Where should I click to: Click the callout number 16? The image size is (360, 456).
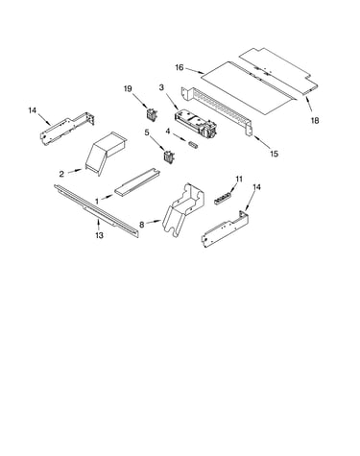pyautogui.click(x=180, y=67)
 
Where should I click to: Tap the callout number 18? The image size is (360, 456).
pyautogui.click(x=315, y=120)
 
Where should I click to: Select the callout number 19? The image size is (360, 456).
pyautogui.click(x=128, y=88)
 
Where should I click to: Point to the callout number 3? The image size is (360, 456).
pyautogui.click(x=161, y=87)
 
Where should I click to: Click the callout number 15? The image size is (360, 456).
pyautogui.click(x=274, y=154)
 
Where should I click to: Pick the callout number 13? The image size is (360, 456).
pyautogui.click(x=99, y=235)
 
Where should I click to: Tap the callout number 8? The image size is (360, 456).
pyautogui.click(x=142, y=225)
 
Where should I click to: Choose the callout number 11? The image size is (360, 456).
pyautogui.click(x=239, y=180)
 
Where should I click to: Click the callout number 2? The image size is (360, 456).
pyautogui.click(x=61, y=174)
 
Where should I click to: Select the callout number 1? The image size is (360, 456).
pyautogui.click(x=97, y=202)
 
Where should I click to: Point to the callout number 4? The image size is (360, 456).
pyautogui.click(x=168, y=132)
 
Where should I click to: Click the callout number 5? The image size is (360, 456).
pyautogui.click(x=147, y=132)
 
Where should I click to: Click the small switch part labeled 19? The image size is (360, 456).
pyautogui.click(x=151, y=114)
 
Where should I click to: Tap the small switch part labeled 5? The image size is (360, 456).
pyautogui.click(x=169, y=156)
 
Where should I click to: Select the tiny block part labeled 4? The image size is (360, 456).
pyautogui.click(x=194, y=145)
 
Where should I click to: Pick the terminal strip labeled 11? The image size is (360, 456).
pyautogui.click(x=223, y=199)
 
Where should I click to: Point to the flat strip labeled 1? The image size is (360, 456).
pyautogui.click(x=137, y=180)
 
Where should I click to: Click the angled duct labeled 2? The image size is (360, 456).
pyautogui.click(x=105, y=153)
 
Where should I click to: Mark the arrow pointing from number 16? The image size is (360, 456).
pyautogui.click(x=195, y=71)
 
